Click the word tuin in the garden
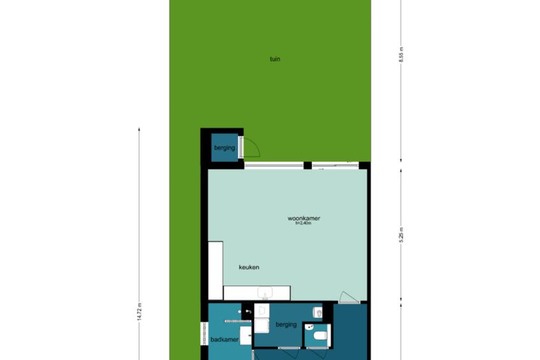tap(275, 59)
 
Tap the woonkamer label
tap(304, 218)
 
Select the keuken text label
tap(249, 267)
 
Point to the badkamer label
tap(225, 340)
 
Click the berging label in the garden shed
tap(225, 148)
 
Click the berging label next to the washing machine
tap(286, 324)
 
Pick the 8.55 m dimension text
tap(401, 54)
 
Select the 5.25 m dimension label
tap(401, 235)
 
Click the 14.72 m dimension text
tap(139, 312)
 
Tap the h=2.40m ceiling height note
tap(303, 223)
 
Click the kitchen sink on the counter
tap(265, 293)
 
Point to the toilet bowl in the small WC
tap(321, 335)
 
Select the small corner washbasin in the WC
tap(309, 327)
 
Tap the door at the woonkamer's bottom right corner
tap(349, 299)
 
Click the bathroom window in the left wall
tap(204, 333)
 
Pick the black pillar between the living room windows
tap(308, 166)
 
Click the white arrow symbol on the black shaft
tap(248, 312)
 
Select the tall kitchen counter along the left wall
tap(216, 270)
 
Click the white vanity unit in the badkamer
tap(246, 336)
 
